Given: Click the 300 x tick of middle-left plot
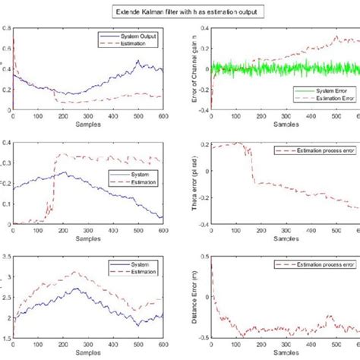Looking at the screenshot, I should (87, 232).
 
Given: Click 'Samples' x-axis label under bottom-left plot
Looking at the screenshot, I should (87, 354).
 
